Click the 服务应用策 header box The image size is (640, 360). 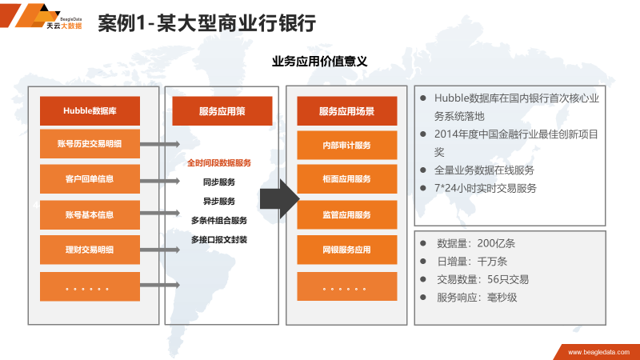coord(222,112)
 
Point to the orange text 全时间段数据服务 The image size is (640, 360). coord(219,162)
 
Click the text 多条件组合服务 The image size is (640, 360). coord(219,220)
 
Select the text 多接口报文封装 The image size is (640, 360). coord(219,239)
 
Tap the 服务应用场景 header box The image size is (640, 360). coord(346,112)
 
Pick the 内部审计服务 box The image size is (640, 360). coord(346,146)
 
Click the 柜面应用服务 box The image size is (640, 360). coord(346,180)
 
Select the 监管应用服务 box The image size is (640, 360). coord(346,215)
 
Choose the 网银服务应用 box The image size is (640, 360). coord(346,250)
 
